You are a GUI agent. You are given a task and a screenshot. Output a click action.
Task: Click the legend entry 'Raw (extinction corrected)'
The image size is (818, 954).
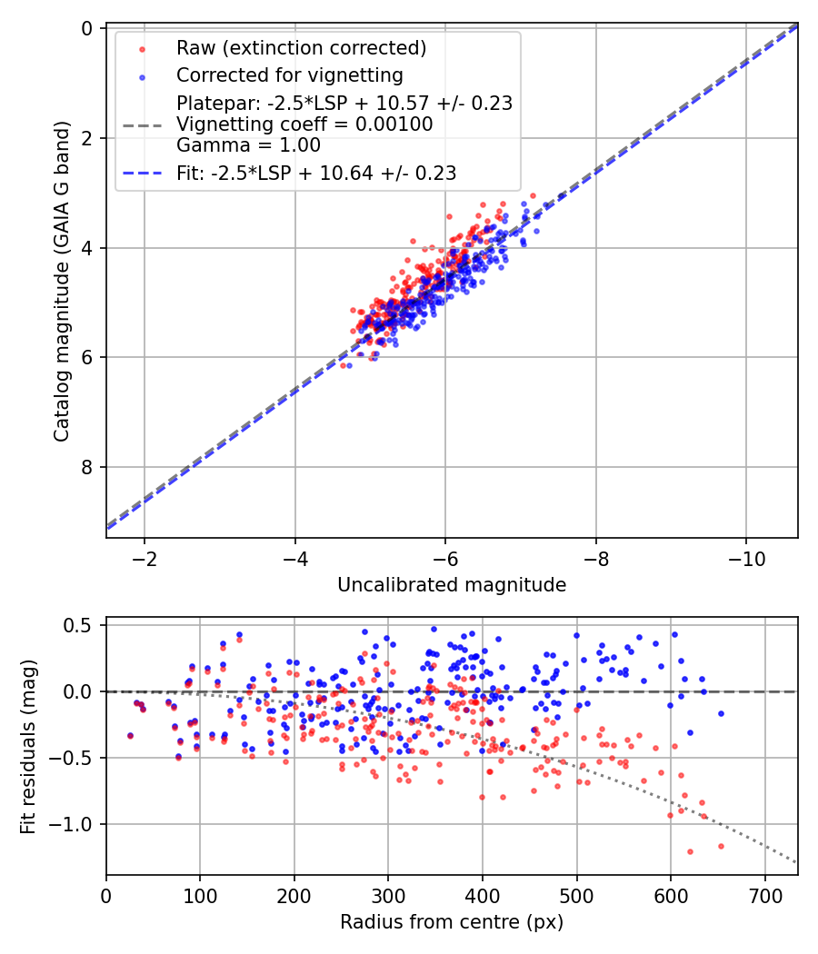301,48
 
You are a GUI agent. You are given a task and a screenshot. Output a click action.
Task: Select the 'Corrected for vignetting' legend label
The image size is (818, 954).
289,75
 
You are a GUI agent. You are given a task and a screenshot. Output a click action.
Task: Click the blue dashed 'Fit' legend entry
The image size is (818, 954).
316,173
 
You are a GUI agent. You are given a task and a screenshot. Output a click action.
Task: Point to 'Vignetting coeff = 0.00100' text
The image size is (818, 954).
304,124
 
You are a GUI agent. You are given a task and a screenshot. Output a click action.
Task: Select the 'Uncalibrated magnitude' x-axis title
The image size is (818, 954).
452,585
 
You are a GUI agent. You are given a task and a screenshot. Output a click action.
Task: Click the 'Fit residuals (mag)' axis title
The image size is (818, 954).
29,746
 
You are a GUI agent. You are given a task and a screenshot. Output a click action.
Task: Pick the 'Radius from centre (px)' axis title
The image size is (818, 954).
452,922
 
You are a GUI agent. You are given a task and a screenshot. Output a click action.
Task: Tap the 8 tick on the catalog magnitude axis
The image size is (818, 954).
88,467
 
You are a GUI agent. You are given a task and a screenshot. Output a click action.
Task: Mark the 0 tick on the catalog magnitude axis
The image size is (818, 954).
88,28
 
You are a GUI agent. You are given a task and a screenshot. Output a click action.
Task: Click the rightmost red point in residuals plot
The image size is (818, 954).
721,846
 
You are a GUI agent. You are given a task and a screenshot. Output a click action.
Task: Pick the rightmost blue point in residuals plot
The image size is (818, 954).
721,713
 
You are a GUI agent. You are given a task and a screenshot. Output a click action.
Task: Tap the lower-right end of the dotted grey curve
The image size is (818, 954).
797,862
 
